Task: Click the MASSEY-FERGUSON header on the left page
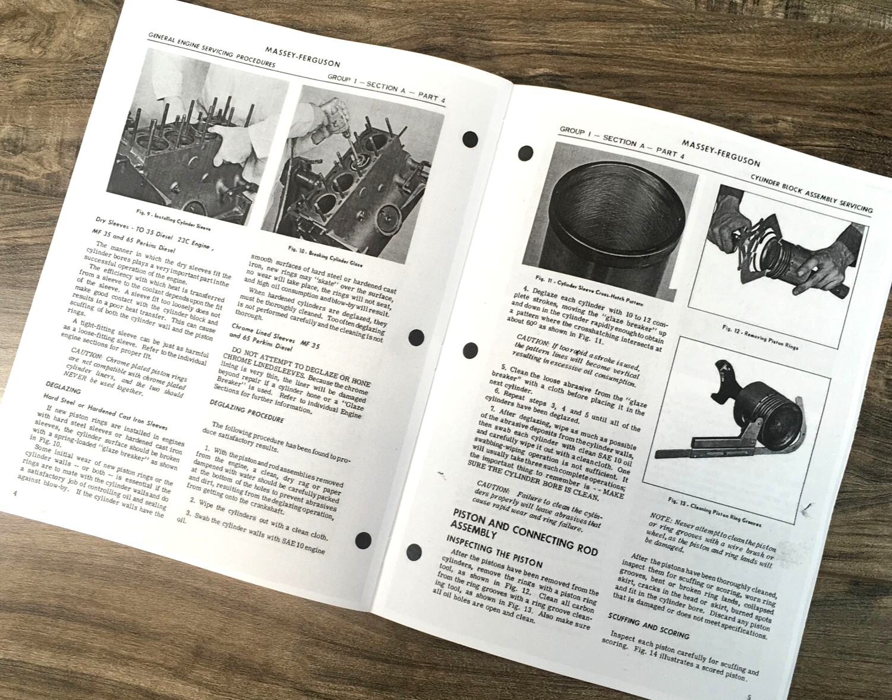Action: [302, 56]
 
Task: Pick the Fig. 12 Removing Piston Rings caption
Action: [760, 337]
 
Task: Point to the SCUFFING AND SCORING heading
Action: [648, 626]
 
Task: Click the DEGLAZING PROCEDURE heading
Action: [247, 411]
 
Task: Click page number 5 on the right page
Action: [748, 696]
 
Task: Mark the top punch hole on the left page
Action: [470, 140]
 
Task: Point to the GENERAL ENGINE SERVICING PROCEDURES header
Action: [211, 51]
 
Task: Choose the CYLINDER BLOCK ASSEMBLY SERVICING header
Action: [811, 194]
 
